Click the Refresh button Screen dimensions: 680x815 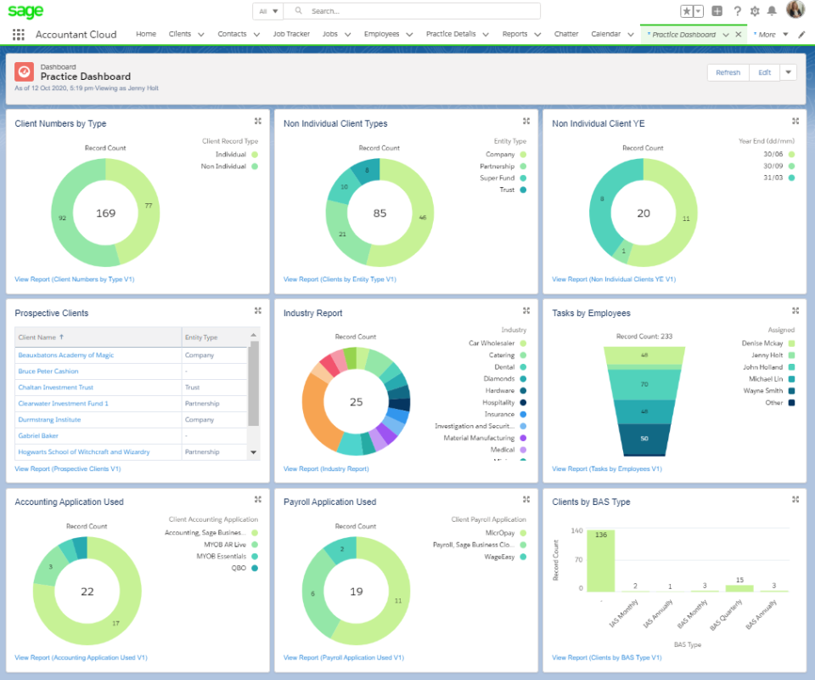click(728, 72)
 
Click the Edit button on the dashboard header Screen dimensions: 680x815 click(764, 72)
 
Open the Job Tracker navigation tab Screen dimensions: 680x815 click(291, 34)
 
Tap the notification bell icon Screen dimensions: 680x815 click(772, 11)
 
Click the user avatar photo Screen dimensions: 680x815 click(795, 10)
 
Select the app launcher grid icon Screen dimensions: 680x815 click(19, 35)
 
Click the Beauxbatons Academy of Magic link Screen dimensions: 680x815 click(66, 354)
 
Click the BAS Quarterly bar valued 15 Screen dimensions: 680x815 click(739, 587)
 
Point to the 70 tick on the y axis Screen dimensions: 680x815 click(579, 560)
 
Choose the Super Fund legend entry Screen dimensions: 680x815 click(497, 178)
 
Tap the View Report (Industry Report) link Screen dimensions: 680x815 click(326, 468)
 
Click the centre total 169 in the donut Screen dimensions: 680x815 click(105, 212)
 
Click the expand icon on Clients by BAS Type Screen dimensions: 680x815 click(795, 500)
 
